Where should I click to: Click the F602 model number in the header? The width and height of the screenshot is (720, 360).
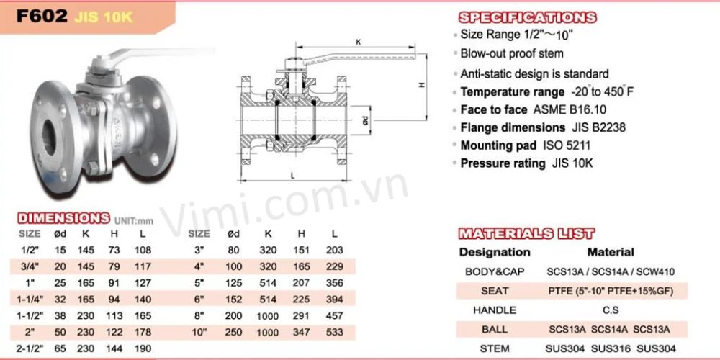pos(42,17)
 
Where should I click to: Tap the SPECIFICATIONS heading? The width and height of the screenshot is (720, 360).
pos(528,17)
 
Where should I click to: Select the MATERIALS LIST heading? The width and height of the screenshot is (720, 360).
pos(527,233)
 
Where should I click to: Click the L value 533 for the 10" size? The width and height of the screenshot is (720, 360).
pos(335,332)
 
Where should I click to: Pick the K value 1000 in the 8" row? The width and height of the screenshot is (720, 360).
pos(268,316)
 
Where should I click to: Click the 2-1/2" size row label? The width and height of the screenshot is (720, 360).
pos(30,348)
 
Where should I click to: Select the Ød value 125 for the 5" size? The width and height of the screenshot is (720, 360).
pos(234,283)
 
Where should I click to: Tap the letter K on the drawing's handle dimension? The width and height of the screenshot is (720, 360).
pos(359,42)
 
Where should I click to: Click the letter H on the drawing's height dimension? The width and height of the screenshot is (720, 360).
pos(422,85)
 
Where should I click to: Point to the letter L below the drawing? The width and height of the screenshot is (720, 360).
pos(292,176)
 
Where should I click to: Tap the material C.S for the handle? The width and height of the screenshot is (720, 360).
pos(611,310)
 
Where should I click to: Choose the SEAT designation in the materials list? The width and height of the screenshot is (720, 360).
pos(495,291)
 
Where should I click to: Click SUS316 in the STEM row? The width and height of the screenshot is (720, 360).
pos(611,349)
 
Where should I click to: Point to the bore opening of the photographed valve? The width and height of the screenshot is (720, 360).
pos(50,136)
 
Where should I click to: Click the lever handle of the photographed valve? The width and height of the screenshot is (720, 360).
pos(156,53)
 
